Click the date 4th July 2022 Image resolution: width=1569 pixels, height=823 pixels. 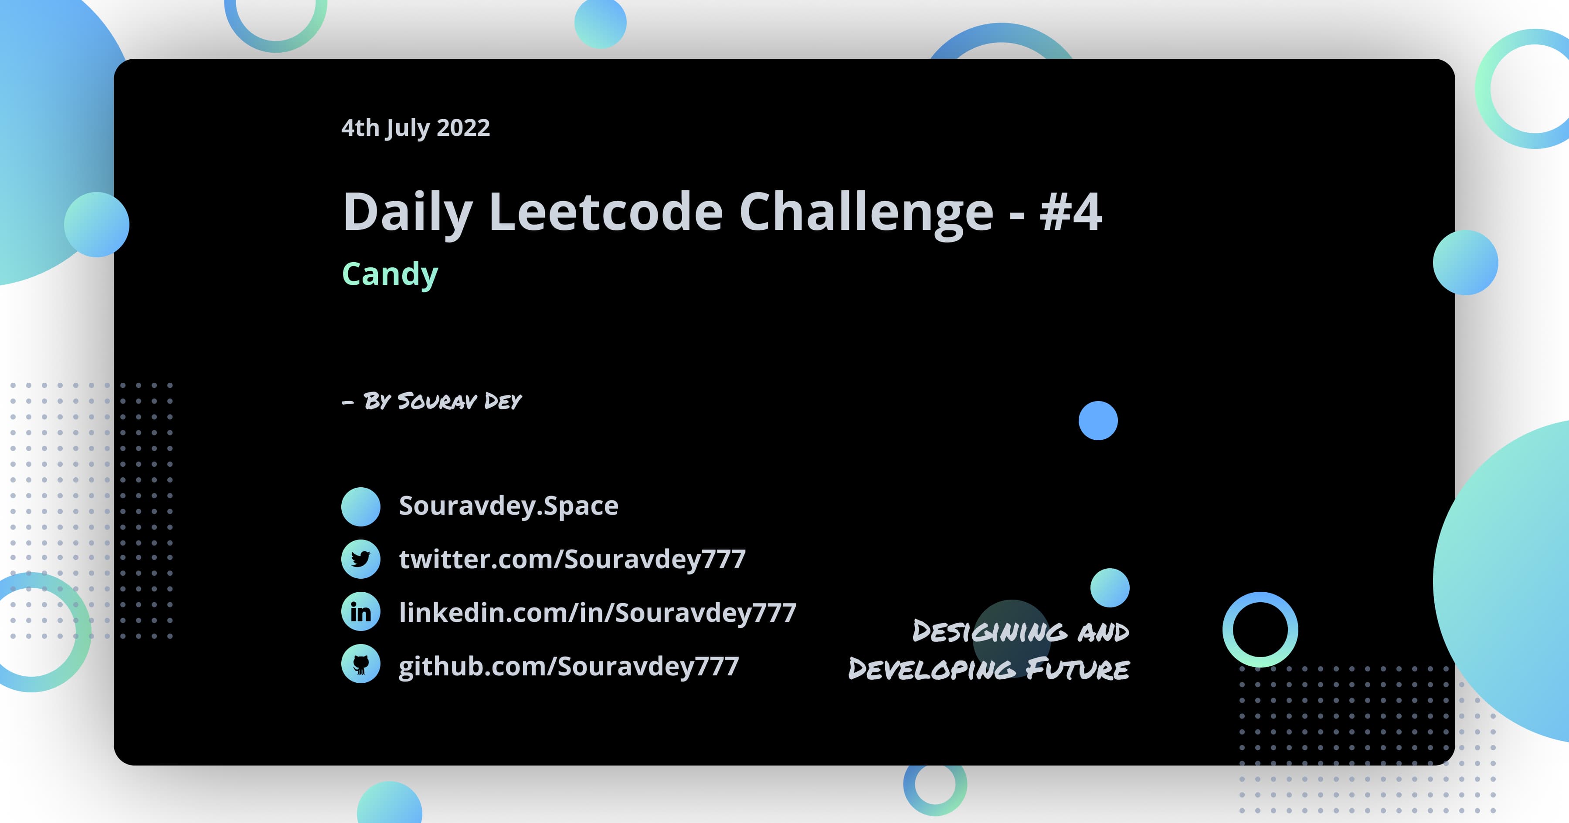pos(415,128)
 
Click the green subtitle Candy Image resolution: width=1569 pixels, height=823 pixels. pos(390,274)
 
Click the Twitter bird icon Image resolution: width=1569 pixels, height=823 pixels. pos(360,559)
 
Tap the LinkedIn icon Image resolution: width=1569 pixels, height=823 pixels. pos(360,612)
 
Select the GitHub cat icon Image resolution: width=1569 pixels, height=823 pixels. pos(360,664)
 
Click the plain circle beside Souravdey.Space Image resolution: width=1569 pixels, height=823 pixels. pos(360,506)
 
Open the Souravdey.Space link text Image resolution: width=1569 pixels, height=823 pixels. pos(509,506)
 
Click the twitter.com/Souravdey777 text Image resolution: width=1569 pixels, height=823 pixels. pos(572,559)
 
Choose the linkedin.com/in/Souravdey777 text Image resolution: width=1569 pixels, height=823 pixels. pos(598,612)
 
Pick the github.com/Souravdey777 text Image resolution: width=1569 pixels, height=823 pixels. pos(568,666)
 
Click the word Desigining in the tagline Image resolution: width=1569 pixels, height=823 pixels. pos(990,631)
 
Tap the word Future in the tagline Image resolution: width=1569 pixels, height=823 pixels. pos(1077,669)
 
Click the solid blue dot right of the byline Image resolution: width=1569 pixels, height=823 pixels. pos(1097,421)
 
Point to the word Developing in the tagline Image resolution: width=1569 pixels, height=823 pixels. pos(932,669)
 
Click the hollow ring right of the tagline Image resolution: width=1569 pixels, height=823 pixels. pos(1260,629)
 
